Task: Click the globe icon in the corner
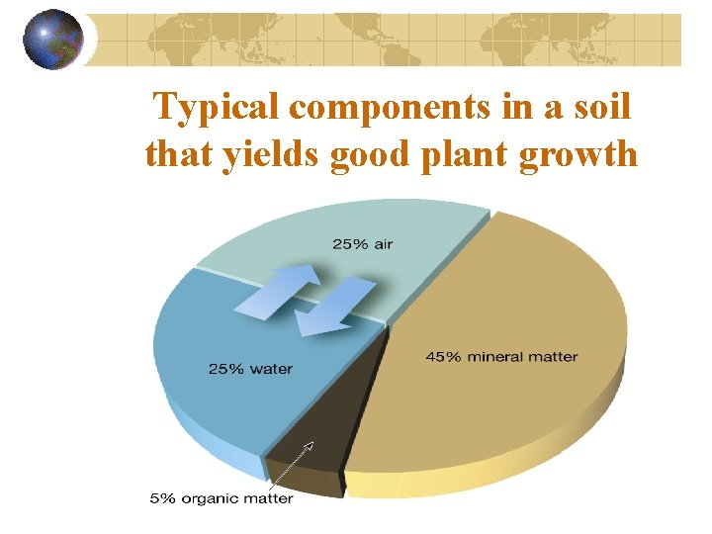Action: point(53,40)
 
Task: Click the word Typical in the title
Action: point(217,110)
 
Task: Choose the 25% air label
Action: point(363,244)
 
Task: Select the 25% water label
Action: point(250,369)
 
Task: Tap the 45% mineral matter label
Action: point(501,356)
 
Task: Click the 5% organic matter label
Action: point(222,498)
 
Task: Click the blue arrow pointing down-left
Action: point(334,307)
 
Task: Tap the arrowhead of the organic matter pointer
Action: point(309,445)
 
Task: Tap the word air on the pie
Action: point(384,244)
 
